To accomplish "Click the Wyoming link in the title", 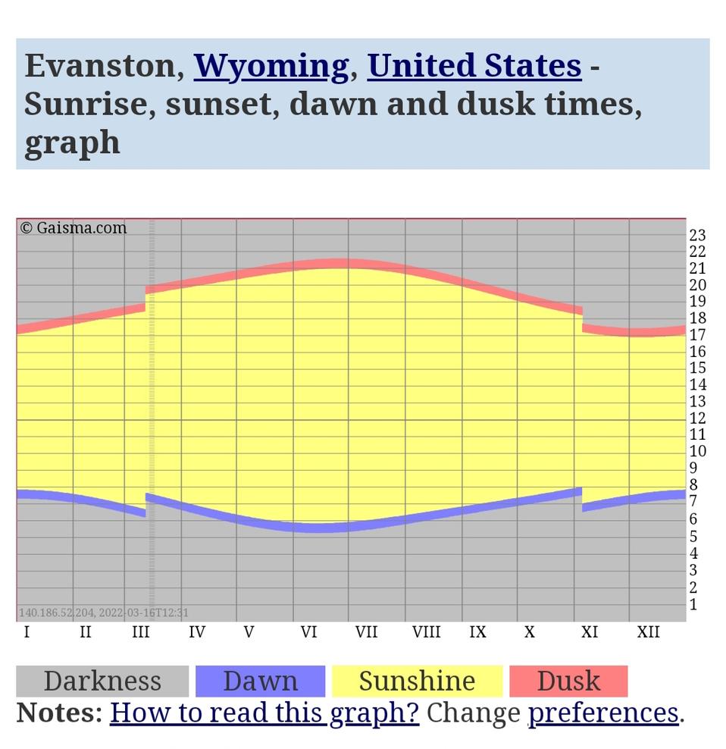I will [x=271, y=67].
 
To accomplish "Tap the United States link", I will [x=474, y=65].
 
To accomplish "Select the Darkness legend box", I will [x=102, y=681].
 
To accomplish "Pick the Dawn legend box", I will [x=260, y=681].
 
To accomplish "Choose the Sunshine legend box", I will [x=417, y=681].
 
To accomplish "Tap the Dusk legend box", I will [x=568, y=681].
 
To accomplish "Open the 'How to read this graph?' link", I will [x=264, y=713].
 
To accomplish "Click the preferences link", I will [x=603, y=713].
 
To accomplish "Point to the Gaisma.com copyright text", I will [x=74, y=227].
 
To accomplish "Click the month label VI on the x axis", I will [x=308, y=631].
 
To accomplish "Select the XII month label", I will [x=648, y=631].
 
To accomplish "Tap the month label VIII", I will [x=426, y=631].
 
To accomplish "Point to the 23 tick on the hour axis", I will [x=697, y=235].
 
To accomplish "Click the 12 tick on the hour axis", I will [x=697, y=418].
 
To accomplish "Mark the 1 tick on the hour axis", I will [x=693, y=604].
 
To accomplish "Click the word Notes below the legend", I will [x=59, y=713].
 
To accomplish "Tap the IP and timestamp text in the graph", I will [x=103, y=613].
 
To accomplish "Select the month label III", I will [x=140, y=631].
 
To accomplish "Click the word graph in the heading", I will [x=72, y=143].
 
